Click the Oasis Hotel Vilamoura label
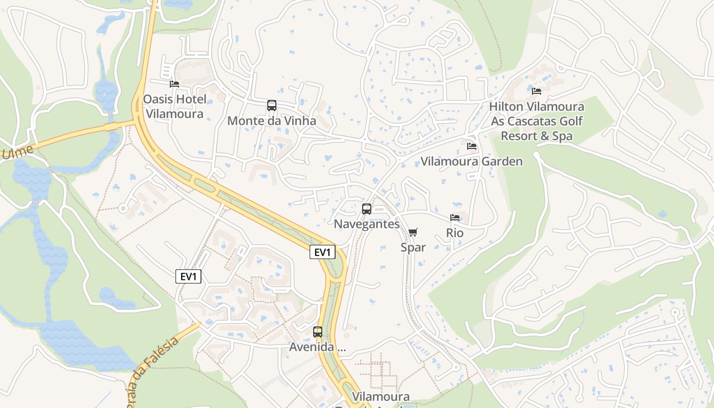coord(174,106)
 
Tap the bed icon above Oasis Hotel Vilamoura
coord(174,84)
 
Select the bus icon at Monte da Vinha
coord(272,106)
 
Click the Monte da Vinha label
coord(272,121)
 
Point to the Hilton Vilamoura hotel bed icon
coord(537,91)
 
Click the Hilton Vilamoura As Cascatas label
coord(537,121)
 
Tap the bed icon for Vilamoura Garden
coord(472,146)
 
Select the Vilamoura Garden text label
coord(472,162)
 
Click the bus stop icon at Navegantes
coord(367,209)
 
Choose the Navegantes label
coord(367,224)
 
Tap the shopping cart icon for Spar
coord(413,233)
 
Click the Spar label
coord(413,247)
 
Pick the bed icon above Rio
coord(455,218)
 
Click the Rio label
coord(455,233)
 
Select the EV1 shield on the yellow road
coord(322,252)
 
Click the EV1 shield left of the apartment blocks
coord(189,276)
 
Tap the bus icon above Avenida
coord(318,332)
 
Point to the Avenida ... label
coord(318,347)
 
